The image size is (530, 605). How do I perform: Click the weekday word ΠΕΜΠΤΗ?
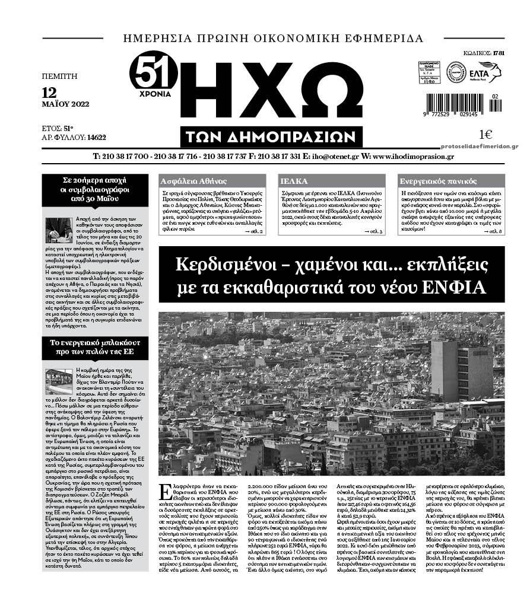[60, 76]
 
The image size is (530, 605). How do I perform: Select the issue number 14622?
[96, 137]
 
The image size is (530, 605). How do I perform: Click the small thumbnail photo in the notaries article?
[59, 230]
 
